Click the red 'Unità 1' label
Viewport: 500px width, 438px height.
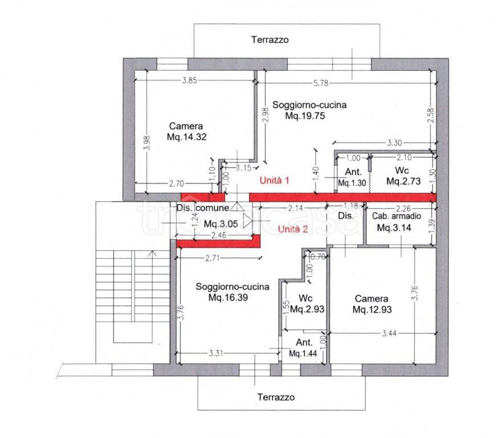coord(274,181)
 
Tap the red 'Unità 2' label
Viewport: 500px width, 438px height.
coord(292,229)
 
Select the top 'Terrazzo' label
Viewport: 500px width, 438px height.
coord(270,40)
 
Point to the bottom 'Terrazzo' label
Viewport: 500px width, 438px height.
coord(276,397)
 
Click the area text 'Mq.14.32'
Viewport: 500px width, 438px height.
coord(187,137)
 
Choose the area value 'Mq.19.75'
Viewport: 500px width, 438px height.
coord(305,115)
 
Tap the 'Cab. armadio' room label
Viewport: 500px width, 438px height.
coord(396,216)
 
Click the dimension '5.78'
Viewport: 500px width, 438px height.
coord(321,83)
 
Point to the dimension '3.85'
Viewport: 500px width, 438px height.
coord(189,80)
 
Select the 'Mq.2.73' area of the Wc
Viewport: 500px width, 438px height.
coord(404,181)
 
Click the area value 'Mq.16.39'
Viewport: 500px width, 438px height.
coord(228,298)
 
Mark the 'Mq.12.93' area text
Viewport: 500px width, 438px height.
coord(372,310)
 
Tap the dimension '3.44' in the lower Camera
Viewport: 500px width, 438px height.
coord(389,334)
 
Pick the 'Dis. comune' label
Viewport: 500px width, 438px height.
coord(203,208)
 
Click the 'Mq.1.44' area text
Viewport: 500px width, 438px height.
coord(303,354)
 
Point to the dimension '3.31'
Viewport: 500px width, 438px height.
coord(216,353)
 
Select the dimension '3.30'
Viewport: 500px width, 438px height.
coord(395,143)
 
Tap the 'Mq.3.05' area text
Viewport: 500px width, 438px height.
coord(221,224)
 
